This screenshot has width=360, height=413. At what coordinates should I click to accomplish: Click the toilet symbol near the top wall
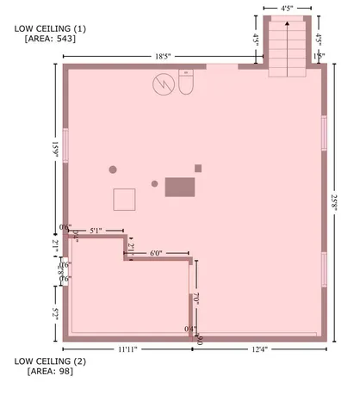[x=186, y=84]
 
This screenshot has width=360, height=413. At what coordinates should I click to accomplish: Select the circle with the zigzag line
[x=162, y=84]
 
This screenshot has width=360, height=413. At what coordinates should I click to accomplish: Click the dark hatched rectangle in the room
[x=180, y=187]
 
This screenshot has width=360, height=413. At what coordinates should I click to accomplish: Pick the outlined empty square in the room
[x=125, y=200]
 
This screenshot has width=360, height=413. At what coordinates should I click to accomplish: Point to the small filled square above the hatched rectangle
[x=198, y=168]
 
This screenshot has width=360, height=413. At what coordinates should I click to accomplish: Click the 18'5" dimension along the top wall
[x=163, y=56]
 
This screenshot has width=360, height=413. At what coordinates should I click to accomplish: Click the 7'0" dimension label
[x=196, y=299]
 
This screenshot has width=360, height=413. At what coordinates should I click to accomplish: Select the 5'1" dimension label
[x=96, y=230]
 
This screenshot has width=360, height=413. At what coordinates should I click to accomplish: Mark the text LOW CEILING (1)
[x=50, y=28]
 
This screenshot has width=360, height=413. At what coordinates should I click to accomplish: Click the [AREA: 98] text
[x=50, y=371]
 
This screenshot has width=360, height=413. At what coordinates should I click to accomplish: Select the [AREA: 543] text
[x=50, y=40]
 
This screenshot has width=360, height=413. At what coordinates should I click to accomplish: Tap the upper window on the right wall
[x=324, y=133]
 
